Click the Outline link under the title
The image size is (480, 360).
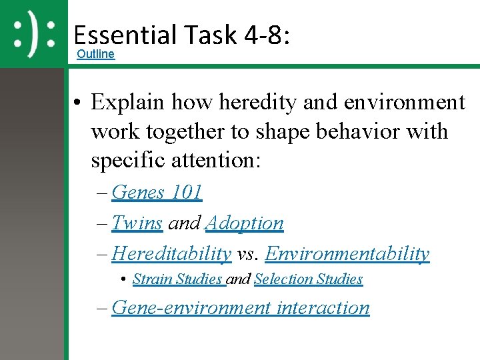tap(95, 54)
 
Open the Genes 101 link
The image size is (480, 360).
tap(157, 193)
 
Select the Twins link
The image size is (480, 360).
tap(137, 223)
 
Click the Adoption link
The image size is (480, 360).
tap(245, 223)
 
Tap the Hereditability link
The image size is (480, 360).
tap(172, 254)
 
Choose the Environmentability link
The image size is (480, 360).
tap(347, 254)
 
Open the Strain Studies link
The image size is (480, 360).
tap(179, 279)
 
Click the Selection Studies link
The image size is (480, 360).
tap(308, 279)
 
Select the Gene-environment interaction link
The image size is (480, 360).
tap(241, 307)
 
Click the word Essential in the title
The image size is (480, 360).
tap(121, 35)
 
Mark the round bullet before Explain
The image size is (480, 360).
tap(78, 103)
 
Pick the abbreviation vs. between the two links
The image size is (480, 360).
tap(249, 254)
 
